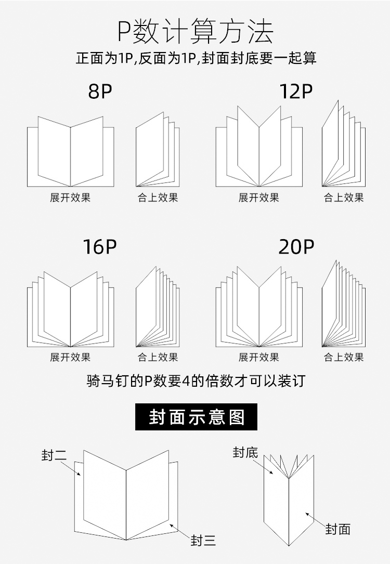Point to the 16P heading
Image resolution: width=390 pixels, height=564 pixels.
click(x=100, y=246)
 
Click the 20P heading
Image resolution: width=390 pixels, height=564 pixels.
click(x=296, y=246)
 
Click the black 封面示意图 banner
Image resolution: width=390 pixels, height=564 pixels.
click(x=196, y=417)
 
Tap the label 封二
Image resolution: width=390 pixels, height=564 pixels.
click(x=54, y=455)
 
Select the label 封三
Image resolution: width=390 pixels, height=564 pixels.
click(x=203, y=540)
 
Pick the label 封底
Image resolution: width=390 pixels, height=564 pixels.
click(x=245, y=452)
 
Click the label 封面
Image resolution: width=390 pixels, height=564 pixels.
click(x=338, y=529)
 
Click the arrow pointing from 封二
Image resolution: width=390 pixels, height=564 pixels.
click(x=71, y=469)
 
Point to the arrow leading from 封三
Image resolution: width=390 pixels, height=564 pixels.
click(x=180, y=532)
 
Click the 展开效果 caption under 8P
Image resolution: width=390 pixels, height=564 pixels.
click(x=70, y=198)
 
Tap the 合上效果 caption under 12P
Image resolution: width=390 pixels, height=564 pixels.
click(x=344, y=198)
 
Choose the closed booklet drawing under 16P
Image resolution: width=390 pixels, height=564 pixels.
click(x=158, y=307)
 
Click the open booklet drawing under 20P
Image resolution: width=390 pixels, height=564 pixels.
click(x=259, y=307)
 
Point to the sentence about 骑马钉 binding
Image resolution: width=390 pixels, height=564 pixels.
click(x=196, y=381)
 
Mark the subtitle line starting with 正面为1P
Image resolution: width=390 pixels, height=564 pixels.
click(x=196, y=58)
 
